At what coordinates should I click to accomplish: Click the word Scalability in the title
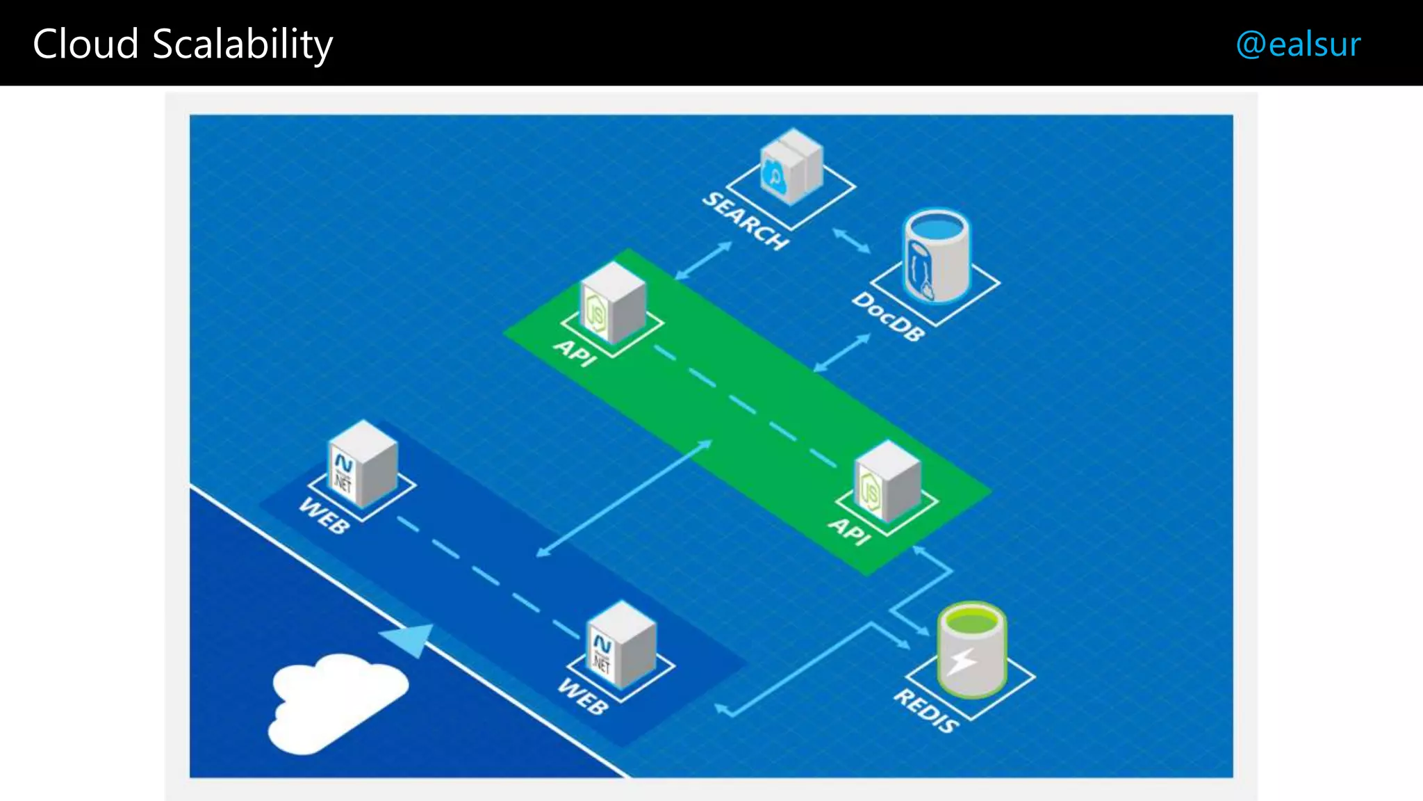(x=242, y=44)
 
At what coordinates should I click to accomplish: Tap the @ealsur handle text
(x=1298, y=44)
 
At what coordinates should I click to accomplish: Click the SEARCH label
(x=746, y=220)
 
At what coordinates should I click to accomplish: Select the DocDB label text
(x=889, y=316)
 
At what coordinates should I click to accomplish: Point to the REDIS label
(x=926, y=711)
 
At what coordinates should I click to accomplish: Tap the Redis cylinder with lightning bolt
(x=971, y=649)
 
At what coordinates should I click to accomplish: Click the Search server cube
(x=791, y=167)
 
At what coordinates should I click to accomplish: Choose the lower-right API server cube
(x=887, y=481)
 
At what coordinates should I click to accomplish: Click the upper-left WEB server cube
(x=362, y=464)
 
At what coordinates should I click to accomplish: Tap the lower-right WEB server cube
(x=621, y=645)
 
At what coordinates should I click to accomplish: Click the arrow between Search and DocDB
(x=851, y=241)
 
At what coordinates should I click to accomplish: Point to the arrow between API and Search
(x=703, y=261)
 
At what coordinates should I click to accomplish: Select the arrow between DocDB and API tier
(x=842, y=353)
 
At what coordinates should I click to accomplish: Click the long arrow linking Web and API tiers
(x=624, y=498)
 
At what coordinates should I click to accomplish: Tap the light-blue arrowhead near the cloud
(x=410, y=639)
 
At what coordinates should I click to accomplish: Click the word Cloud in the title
(x=86, y=44)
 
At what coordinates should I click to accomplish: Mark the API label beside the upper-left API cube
(x=575, y=353)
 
